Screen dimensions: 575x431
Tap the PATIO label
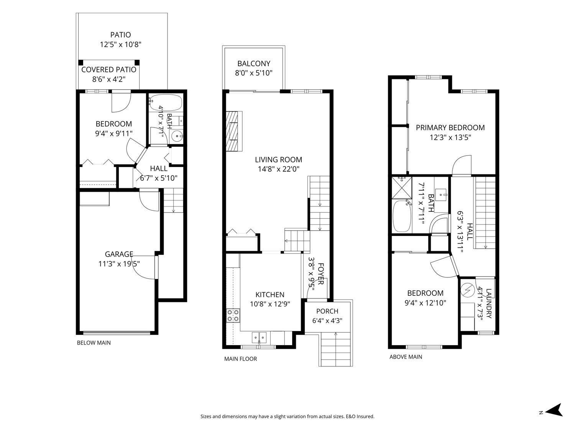click(x=120, y=35)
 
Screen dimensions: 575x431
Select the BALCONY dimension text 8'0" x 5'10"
click(x=254, y=73)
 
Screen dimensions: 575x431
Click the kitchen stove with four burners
click(x=233, y=315)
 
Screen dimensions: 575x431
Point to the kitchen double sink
click(x=259, y=338)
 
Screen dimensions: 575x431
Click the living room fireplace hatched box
click(x=234, y=131)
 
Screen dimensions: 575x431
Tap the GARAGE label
click(x=119, y=254)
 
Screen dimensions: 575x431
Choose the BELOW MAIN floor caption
click(x=94, y=343)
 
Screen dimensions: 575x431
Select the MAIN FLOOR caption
click(x=240, y=359)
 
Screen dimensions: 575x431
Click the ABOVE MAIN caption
click(x=406, y=357)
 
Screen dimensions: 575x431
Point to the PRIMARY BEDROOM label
click(x=450, y=128)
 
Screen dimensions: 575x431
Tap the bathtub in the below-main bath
click(x=166, y=103)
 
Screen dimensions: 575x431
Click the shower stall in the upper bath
click(x=402, y=188)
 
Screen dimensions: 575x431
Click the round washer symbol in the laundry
click(x=468, y=290)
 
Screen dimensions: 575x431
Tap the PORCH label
click(x=327, y=311)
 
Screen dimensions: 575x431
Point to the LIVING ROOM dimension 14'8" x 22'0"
click(x=278, y=169)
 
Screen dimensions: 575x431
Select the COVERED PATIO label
click(x=109, y=70)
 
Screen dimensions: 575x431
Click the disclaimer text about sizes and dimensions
click(x=287, y=416)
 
